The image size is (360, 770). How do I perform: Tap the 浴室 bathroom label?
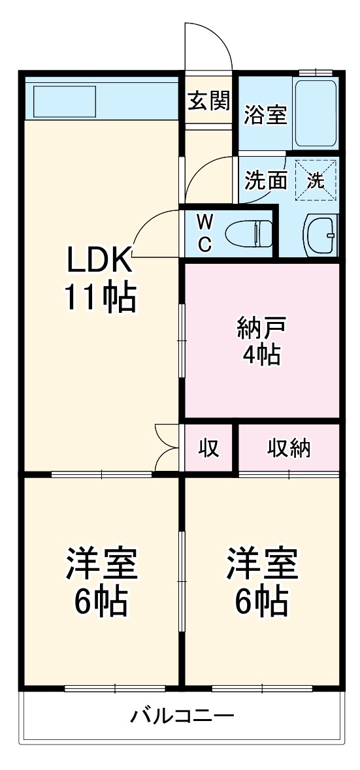tap(265, 115)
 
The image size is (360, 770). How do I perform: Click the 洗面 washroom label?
tap(266, 181)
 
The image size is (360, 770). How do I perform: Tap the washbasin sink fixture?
tap(320, 234)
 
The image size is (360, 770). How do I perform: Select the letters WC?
tap(205, 233)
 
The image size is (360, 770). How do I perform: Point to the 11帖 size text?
tap(99, 298)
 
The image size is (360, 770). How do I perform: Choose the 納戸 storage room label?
tap(261, 327)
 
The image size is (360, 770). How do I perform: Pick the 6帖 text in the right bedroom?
tap(261, 602)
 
